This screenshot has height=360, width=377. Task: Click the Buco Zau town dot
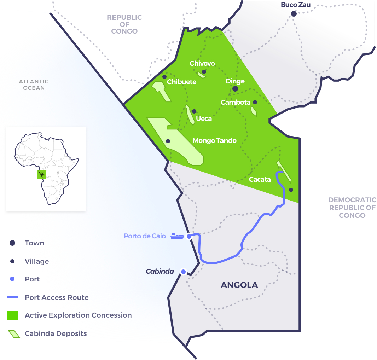pyautogui.click(x=294, y=14)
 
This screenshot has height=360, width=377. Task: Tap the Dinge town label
pyautogui.click(x=235, y=81)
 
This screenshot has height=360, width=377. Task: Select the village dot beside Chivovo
pyautogui.click(x=204, y=72)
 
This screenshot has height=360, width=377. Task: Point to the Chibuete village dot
pyautogui.click(x=164, y=77)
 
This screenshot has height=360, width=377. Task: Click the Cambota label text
pyautogui.click(x=235, y=102)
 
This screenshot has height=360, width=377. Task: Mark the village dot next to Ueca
pyautogui.click(x=194, y=111)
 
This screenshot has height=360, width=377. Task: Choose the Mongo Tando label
pyautogui.click(x=214, y=141)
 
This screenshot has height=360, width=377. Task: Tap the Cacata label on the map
pyautogui.click(x=260, y=179)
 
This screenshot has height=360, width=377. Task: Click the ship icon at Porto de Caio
pyautogui.click(x=177, y=236)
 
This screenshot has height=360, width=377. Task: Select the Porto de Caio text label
pyautogui.click(x=145, y=236)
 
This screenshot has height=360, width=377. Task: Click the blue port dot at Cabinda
pyautogui.click(x=183, y=272)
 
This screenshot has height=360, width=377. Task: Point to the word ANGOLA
pyautogui.click(x=239, y=285)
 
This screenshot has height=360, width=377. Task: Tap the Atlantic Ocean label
pyautogui.click(x=34, y=85)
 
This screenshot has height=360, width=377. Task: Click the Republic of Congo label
pyautogui.click(x=124, y=24)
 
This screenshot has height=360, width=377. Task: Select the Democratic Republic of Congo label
pyautogui.click(x=352, y=208)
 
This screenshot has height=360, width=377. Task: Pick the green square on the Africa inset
pyautogui.click(x=41, y=174)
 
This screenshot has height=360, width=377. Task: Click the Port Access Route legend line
pyautogui.click(x=12, y=297)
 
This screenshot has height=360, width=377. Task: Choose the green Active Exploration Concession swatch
pyautogui.click(x=12, y=315)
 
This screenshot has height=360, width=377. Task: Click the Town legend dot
pyautogui.click(x=12, y=243)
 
